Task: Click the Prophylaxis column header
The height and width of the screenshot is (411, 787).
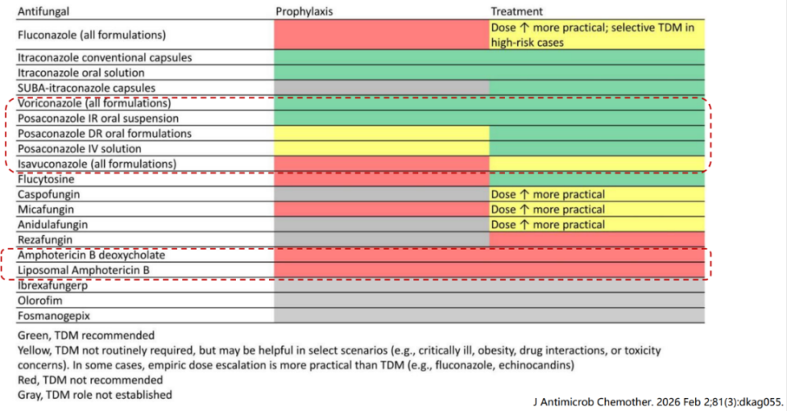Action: coord(304,11)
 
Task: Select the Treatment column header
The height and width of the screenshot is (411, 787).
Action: coord(516,11)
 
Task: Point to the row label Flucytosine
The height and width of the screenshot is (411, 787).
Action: coord(46,179)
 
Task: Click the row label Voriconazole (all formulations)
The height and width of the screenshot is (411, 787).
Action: coord(94,104)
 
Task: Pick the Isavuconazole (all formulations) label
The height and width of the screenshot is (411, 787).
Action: coord(97,164)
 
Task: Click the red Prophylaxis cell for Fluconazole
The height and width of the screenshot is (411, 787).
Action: coord(381,35)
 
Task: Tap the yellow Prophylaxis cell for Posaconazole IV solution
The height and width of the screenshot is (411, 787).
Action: coord(381,149)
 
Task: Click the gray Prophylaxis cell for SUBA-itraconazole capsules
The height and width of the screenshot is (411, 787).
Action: coord(381,88)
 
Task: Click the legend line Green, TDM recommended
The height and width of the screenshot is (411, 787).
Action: coord(85,336)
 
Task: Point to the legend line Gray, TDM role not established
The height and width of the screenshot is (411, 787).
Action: coord(94,395)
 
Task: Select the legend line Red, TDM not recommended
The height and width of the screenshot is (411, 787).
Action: coord(89,380)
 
